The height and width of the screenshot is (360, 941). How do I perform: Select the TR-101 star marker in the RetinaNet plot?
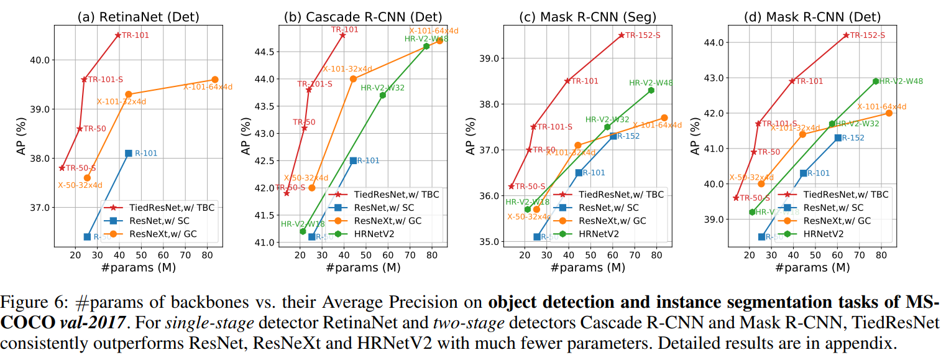point(117,35)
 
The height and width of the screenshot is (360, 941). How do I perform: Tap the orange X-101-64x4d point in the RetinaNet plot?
point(215,80)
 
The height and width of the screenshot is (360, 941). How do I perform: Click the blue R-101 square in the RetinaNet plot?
point(129,153)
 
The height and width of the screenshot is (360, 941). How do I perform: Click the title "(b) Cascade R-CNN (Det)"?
point(362,17)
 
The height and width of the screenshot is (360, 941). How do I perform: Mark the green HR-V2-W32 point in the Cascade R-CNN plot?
point(383,95)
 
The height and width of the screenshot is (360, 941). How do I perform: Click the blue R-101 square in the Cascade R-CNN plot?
point(353,160)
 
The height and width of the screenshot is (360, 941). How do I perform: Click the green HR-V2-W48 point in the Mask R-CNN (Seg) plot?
point(651,90)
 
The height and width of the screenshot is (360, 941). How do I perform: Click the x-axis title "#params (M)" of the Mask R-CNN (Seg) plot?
point(587,267)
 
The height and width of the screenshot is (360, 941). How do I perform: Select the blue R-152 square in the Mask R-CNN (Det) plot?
point(838,137)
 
